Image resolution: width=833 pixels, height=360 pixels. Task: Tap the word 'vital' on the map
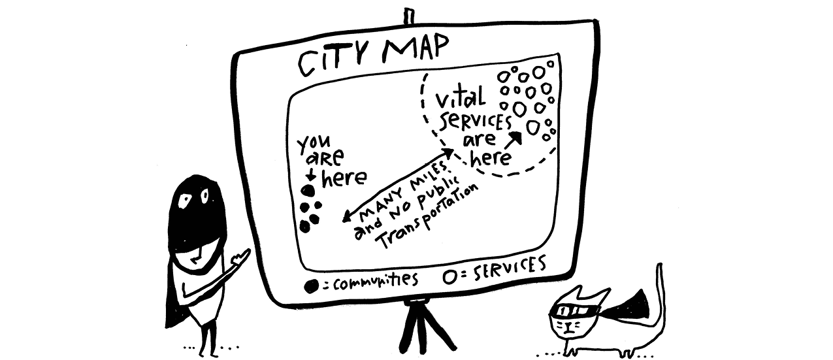[x=461, y=100]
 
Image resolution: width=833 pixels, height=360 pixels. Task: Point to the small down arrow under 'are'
[x=311, y=175]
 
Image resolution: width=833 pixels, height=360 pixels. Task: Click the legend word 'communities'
[x=375, y=281]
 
